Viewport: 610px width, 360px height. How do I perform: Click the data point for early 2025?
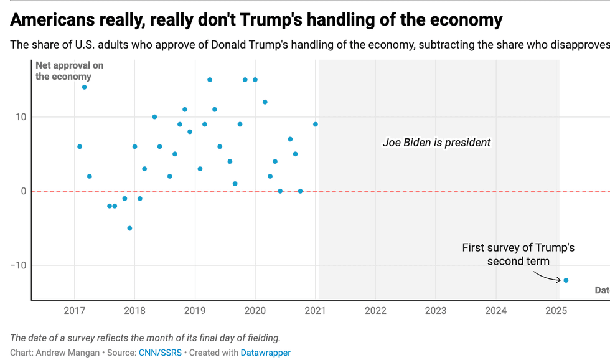coord(566,280)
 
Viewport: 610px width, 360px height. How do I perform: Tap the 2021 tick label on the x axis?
coord(316,310)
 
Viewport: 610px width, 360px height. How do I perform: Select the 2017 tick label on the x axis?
coord(75,310)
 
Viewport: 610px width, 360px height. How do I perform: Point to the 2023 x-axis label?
coord(436,310)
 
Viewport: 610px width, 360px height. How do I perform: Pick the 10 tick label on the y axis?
coord(21,117)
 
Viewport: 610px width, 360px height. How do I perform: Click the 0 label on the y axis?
coord(23,191)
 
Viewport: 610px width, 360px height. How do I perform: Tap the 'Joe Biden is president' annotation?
coord(436,143)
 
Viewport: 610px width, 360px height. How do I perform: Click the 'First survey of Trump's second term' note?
coord(518,254)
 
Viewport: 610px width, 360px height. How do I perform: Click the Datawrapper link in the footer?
coord(266,353)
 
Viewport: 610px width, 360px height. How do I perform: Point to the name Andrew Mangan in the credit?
coord(66,353)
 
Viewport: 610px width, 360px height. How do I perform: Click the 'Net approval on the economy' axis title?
coord(69,71)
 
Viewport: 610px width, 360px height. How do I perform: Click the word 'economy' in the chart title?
coord(466,20)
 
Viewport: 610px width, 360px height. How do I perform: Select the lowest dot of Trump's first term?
coord(129,228)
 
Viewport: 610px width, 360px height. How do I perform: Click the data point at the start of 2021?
coord(316,125)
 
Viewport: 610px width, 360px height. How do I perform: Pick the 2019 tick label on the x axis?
coord(195,310)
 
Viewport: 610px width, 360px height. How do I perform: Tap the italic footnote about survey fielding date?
coord(145,338)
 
